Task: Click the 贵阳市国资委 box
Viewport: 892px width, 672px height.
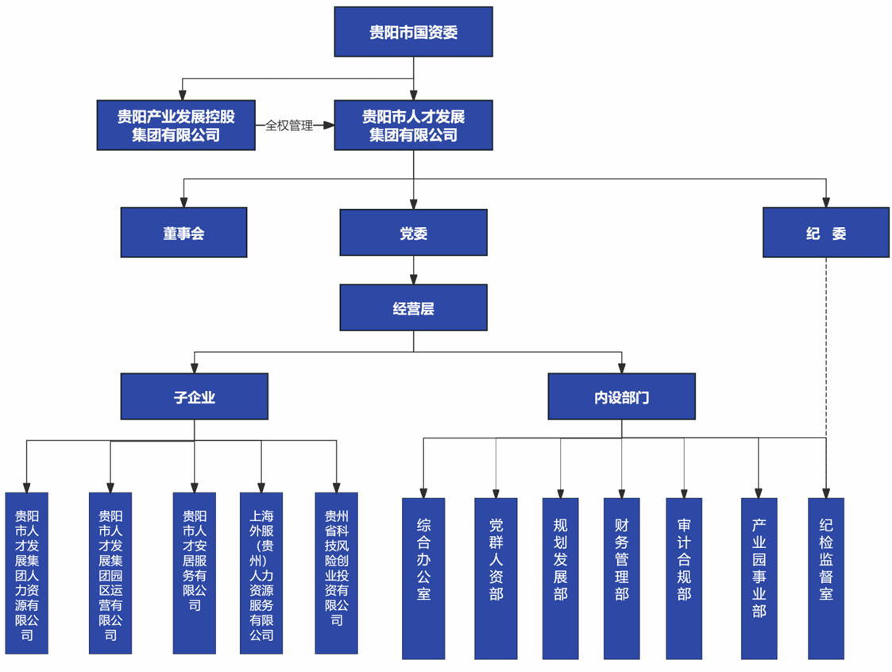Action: tap(413, 32)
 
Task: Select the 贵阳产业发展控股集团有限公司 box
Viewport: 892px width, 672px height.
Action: tap(176, 126)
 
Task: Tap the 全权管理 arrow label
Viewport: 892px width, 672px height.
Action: tap(289, 126)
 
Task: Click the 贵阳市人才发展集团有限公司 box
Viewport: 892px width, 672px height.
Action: tap(413, 126)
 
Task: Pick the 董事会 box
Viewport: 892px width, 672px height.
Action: tap(183, 233)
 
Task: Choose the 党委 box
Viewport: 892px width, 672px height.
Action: tap(413, 233)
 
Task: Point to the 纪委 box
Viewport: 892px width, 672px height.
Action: tap(825, 233)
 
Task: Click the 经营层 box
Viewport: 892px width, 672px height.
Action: tap(413, 307)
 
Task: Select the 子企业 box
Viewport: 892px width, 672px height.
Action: tap(195, 396)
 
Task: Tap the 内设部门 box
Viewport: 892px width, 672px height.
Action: tap(621, 396)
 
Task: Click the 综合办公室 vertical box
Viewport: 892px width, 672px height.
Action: tap(423, 577)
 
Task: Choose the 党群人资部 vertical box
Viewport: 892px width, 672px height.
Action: tap(496, 577)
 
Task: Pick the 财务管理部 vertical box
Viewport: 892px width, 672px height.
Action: tap(621, 577)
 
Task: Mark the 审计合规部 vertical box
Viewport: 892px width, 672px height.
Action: tap(684, 577)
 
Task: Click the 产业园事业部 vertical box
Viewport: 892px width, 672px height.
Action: tap(759, 577)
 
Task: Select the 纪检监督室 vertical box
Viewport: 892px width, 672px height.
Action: tap(826, 577)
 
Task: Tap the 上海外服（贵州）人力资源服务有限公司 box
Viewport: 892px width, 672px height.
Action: tap(261, 572)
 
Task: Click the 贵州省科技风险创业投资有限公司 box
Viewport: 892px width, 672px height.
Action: tap(336, 572)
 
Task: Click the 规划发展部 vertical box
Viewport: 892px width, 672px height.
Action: tap(561, 577)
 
